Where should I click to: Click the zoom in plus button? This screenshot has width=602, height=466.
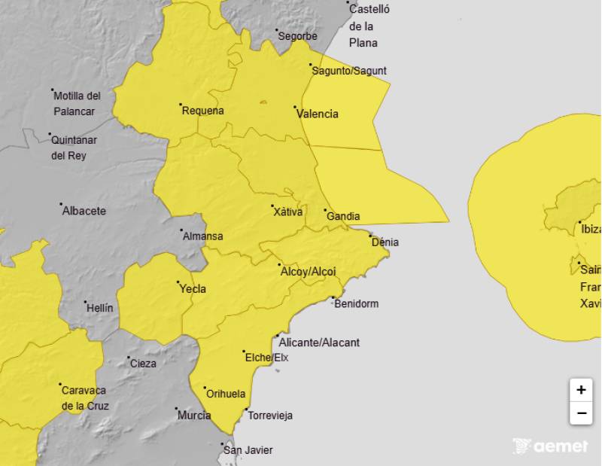click(x=581, y=390)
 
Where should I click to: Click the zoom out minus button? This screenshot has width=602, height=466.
click(x=581, y=413)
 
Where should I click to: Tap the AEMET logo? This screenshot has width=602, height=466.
click(x=550, y=446)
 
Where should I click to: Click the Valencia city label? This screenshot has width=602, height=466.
click(x=317, y=114)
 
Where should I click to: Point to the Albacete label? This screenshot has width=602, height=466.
click(x=84, y=211)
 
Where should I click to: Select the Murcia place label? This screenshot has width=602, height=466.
click(x=194, y=415)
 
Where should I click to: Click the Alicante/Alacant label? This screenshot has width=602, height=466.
click(x=319, y=343)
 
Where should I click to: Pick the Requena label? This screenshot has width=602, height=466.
click(x=203, y=111)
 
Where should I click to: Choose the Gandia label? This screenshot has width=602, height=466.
click(x=343, y=216)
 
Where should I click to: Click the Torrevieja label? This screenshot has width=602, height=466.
click(x=270, y=416)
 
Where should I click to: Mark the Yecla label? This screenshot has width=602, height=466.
click(x=192, y=288)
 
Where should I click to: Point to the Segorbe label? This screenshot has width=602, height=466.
click(x=297, y=35)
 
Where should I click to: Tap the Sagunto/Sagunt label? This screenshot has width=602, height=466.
click(x=349, y=71)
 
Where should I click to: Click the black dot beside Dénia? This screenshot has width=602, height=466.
click(x=371, y=236)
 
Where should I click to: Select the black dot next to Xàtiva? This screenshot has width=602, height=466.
click(x=272, y=206)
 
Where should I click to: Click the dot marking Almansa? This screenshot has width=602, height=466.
click(x=181, y=230)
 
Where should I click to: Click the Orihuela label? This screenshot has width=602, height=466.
click(x=226, y=394)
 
